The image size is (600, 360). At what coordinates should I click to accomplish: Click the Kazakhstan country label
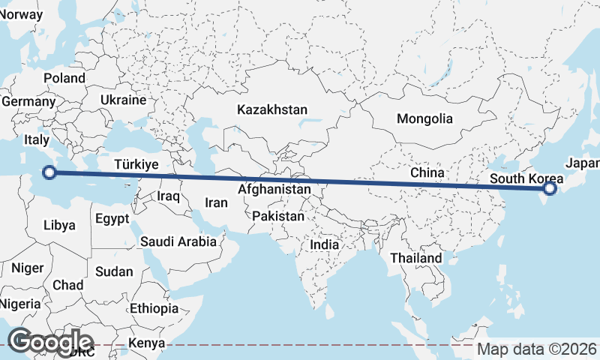(272, 109)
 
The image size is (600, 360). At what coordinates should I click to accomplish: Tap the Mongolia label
(425, 118)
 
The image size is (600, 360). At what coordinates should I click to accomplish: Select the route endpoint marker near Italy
(49, 172)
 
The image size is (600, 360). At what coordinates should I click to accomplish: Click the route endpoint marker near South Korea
(550, 188)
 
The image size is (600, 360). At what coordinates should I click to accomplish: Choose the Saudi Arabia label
(178, 241)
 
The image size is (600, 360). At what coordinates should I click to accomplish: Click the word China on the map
(427, 172)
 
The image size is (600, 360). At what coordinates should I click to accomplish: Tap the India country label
(325, 244)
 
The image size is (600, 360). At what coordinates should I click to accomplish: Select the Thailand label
(416, 258)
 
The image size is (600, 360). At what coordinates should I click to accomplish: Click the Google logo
(50, 341)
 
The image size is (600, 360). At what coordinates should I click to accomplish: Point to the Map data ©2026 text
(538, 349)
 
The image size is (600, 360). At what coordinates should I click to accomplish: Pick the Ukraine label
(123, 100)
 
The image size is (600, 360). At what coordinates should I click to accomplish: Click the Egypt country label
(112, 219)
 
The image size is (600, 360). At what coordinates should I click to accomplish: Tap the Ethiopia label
(154, 308)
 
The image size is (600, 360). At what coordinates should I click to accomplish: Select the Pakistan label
(278, 216)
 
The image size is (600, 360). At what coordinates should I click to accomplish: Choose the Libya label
(59, 225)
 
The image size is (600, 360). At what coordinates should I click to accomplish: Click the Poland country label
(64, 78)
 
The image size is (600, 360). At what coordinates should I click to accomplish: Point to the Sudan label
(115, 271)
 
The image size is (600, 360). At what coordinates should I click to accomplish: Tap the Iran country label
(216, 202)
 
